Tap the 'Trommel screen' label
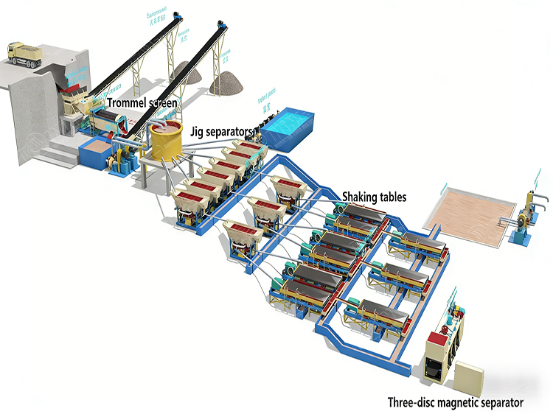142,103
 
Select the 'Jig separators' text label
220,131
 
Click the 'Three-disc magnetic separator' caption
456,402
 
